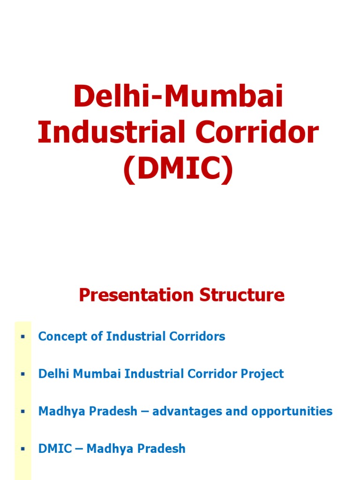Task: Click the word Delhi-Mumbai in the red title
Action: [x=179, y=97]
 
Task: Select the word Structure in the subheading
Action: [x=242, y=295]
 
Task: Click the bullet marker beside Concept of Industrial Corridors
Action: [x=22, y=337]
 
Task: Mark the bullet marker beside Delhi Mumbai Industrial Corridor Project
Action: [x=22, y=375]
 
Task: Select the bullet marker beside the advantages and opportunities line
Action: [x=22, y=412]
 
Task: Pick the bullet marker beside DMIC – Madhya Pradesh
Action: [x=22, y=450]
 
